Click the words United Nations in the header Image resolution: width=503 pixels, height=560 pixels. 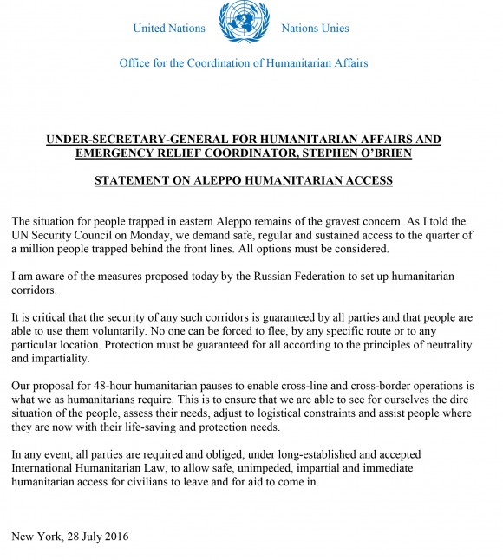point(169,29)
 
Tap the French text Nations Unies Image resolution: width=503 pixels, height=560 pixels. point(315,29)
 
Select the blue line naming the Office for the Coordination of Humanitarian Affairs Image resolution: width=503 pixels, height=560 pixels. point(244,62)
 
